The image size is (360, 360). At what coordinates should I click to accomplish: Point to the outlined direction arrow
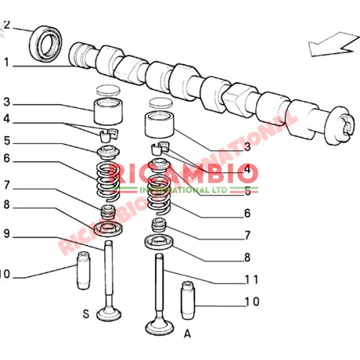pyautogui.click(x=331, y=41)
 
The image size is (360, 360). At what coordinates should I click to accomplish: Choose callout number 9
pyautogui.click(x=5, y=233)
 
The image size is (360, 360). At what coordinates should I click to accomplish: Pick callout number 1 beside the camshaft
pyautogui.click(x=5, y=63)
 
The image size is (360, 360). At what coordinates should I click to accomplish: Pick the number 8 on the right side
pyautogui.click(x=247, y=257)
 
